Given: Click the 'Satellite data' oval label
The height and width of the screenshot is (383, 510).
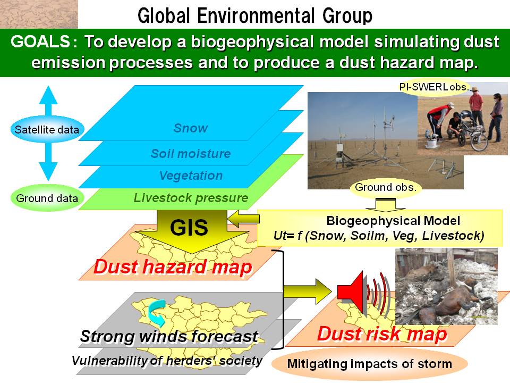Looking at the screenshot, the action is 47,130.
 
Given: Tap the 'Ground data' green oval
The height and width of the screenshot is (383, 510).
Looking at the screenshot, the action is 47,198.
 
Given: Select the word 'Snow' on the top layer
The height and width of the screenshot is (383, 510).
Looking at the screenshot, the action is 191,128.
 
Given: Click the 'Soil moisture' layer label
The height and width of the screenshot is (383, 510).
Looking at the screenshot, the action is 191,153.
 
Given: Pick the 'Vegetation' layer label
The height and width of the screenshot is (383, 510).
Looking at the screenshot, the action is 191,176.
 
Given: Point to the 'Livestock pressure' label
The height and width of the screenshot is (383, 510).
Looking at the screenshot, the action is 191,198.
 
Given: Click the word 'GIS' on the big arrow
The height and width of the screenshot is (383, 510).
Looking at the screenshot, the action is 189,227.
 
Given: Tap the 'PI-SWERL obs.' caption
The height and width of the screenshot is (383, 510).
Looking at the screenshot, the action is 435,87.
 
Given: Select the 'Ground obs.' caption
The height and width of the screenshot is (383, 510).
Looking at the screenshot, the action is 386,187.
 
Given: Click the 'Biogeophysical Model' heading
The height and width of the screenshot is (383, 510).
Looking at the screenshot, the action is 393,221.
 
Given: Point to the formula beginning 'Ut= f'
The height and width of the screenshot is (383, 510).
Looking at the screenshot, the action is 379,236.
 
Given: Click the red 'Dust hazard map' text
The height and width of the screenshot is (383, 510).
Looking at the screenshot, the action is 173,267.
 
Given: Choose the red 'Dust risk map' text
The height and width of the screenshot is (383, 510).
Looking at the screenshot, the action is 382,334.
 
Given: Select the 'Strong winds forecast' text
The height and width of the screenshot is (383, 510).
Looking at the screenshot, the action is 169,336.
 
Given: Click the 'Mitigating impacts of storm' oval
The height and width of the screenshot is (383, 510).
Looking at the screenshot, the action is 370,364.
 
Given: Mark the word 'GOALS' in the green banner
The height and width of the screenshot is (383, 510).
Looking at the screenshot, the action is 40,42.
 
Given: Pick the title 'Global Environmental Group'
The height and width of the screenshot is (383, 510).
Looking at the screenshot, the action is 255,15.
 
